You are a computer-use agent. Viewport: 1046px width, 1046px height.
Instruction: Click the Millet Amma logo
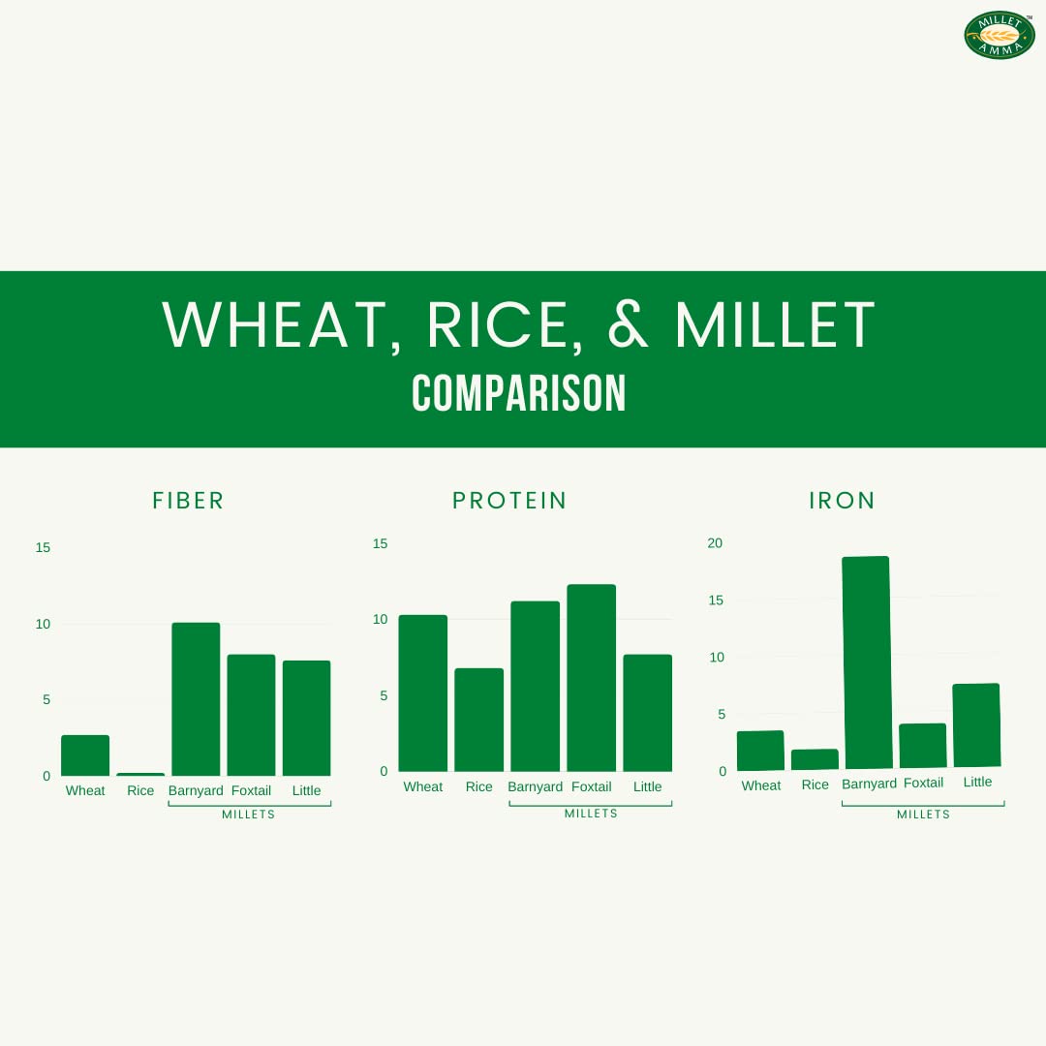[999, 35]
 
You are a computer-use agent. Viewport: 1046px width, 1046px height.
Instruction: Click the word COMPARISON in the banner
[519, 393]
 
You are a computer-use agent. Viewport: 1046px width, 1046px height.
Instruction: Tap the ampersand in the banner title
[628, 324]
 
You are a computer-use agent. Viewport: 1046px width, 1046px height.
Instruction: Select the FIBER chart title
[188, 501]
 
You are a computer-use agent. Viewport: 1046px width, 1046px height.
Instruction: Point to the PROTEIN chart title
[509, 501]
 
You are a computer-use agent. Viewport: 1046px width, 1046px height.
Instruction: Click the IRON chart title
[842, 501]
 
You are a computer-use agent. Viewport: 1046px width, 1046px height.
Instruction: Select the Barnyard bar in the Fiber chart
[196, 699]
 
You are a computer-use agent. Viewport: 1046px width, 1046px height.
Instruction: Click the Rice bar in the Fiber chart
[140, 774]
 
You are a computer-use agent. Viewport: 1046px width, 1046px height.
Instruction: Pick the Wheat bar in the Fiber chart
[85, 755]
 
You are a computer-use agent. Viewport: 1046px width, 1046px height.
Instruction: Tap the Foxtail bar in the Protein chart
[592, 678]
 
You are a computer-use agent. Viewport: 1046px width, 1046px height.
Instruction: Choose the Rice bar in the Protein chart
[479, 720]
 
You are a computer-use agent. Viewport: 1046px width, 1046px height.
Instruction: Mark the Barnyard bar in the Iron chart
[867, 662]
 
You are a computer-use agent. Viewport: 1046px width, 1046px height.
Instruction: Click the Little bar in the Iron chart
[976, 725]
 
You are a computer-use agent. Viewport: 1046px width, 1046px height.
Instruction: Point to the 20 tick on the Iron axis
[715, 543]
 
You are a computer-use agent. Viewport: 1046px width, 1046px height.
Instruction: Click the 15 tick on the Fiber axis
[43, 547]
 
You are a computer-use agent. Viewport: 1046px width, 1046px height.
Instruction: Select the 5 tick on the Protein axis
[384, 695]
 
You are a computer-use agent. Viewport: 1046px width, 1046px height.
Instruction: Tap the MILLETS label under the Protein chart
[591, 814]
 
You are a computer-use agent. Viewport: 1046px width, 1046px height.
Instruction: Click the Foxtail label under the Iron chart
[923, 783]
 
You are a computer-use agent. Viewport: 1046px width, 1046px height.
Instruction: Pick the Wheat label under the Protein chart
[423, 786]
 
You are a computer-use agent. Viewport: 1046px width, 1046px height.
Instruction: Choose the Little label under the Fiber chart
[306, 790]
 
